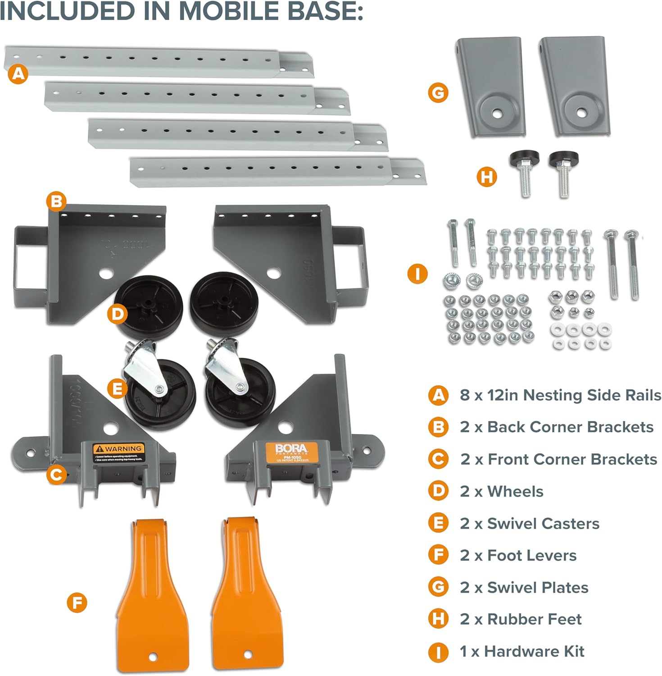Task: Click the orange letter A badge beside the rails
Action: click(18, 73)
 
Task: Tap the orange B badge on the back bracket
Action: click(56, 201)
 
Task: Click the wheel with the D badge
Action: click(149, 306)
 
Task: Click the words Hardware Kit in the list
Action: click(534, 651)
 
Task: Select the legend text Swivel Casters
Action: click(543, 524)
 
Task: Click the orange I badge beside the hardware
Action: click(417, 274)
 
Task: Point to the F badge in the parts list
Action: click(438, 555)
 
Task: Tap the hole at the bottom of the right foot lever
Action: click(247, 654)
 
